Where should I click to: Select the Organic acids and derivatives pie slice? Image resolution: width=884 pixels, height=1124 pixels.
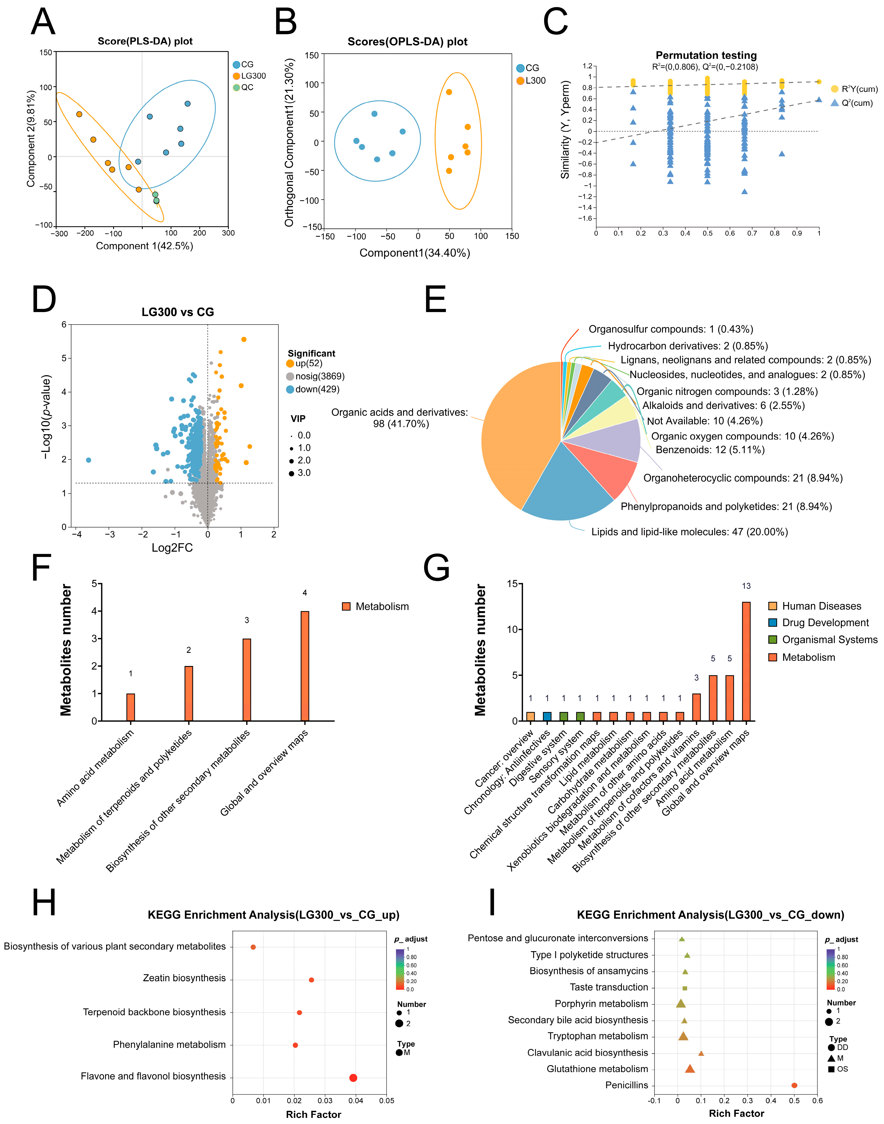518,435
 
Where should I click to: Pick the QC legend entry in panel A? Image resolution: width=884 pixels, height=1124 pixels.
243,87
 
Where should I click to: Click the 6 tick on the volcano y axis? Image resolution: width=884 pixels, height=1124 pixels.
64,325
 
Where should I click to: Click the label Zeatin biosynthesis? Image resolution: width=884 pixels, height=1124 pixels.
184,978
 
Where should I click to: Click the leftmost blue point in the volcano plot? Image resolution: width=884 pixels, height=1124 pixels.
88,460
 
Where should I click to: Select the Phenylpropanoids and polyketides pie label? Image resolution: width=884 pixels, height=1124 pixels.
726,506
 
